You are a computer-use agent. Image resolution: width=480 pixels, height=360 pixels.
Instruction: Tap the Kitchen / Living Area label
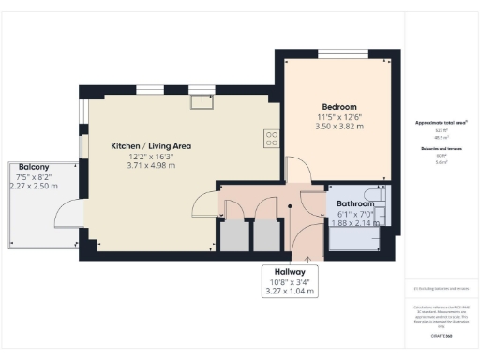pyautogui.click(x=151, y=146)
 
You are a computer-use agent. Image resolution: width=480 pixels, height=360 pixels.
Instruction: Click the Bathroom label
pyautogui.click(x=355, y=203)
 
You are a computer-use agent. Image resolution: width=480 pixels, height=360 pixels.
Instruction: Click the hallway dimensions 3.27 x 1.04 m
pyautogui.click(x=290, y=291)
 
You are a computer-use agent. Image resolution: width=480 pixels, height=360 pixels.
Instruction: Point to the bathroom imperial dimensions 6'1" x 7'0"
pyautogui.click(x=352, y=214)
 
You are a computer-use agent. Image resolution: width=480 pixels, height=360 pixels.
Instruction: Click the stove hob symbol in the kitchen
pyautogui.click(x=270, y=138)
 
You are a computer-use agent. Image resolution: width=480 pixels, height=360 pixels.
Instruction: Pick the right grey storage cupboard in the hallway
pyautogui.click(x=267, y=236)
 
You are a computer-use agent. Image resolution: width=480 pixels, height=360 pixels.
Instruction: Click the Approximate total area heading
pyautogui.click(x=441, y=122)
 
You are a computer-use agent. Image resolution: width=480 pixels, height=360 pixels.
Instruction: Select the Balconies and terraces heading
pyautogui.click(x=441, y=148)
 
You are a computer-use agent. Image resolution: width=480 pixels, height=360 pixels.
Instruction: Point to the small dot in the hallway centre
pyautogui.click(x=290, y=206)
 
